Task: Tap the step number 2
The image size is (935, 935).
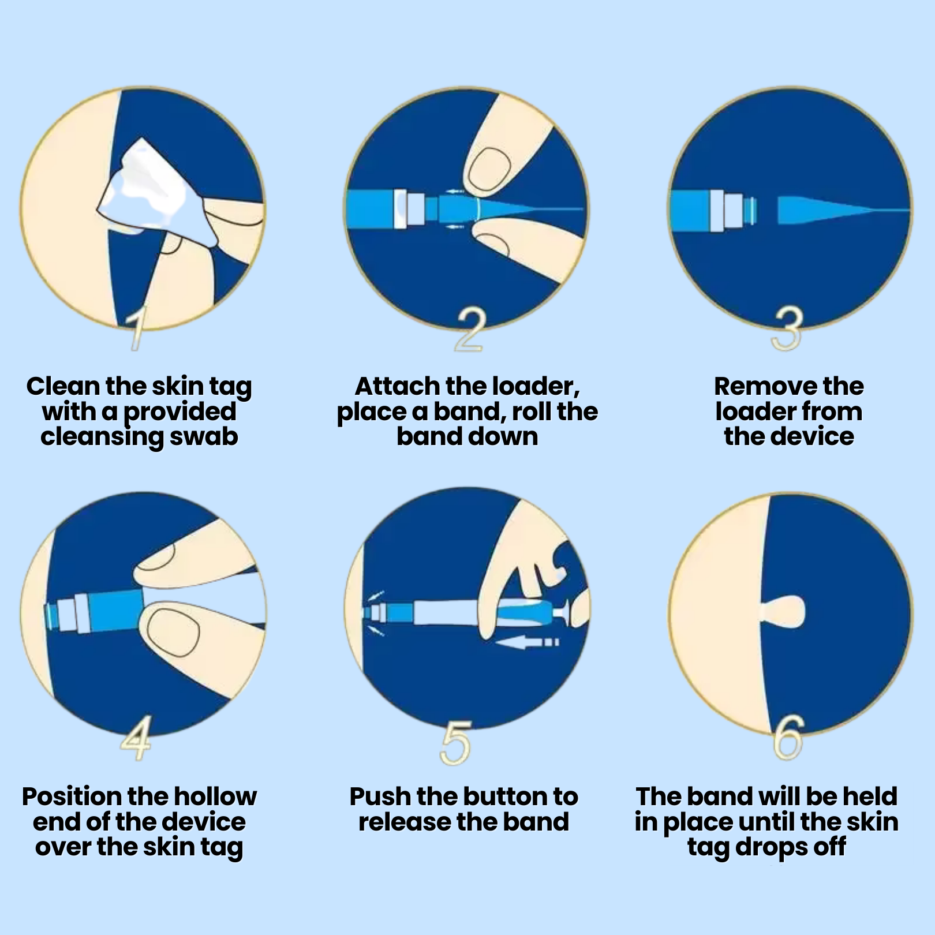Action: tap(469, 330)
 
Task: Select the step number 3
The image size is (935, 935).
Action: tap(788, 328)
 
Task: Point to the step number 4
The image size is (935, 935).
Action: tap(136, 738)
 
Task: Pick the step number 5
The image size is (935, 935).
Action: tap(455, 743)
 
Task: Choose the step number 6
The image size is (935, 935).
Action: tap(788, 738)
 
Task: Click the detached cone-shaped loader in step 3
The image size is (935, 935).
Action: tap(843, 210)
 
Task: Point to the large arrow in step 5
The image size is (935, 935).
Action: tap(527, 642)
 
